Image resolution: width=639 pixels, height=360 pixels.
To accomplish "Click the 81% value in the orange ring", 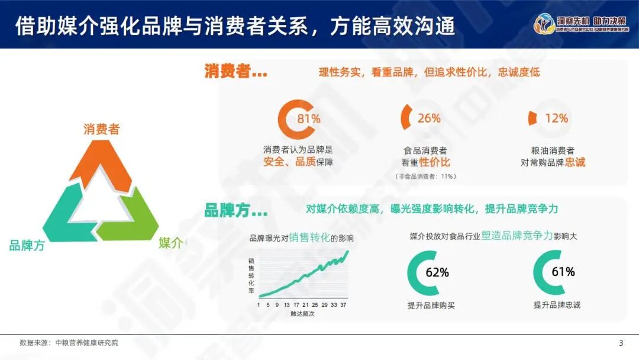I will [308, 118].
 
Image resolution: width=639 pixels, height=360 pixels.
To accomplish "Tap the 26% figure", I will [429, 118].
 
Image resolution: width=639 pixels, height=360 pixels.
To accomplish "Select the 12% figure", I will [556, 118].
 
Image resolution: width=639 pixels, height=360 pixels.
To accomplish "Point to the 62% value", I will [437, 272].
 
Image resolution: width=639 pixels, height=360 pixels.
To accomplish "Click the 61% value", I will [563, 272].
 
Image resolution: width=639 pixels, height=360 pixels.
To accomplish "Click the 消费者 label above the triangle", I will [101, 129].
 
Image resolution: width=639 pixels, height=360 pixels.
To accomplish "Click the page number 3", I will [621, 343].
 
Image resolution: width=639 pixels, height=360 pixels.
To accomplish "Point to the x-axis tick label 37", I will [344, 305].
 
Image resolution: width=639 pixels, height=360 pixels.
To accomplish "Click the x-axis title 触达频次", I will [303, 314].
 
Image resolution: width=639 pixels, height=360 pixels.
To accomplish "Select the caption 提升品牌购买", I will [431, 306].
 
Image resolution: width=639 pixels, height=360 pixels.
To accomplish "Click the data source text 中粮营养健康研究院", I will [86, 343].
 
